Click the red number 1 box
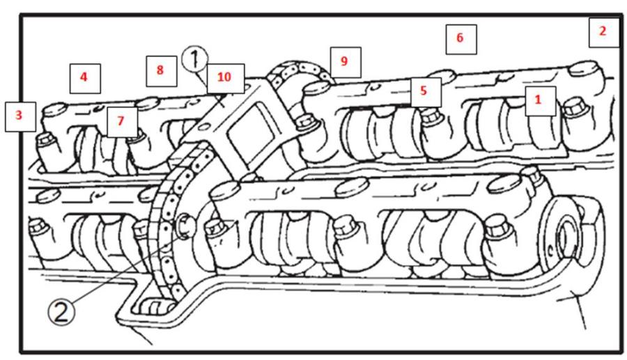(537, 100)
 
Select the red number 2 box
(603, 32)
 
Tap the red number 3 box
(20, 116)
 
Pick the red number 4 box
(84, 78)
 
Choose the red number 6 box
(460, 38)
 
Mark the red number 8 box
(160, 70)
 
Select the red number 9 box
(344, 61)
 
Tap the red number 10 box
(224, 77)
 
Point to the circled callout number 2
(61, 313)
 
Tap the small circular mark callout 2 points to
(185, 224)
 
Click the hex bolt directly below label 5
(431, 116)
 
